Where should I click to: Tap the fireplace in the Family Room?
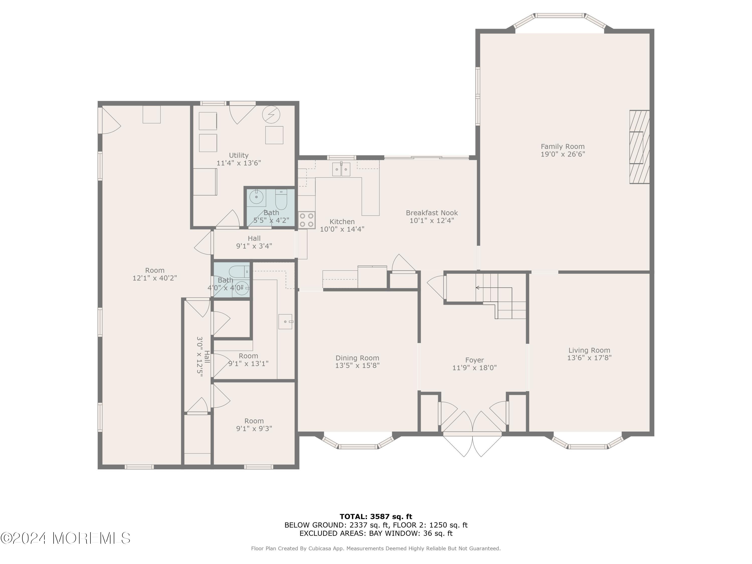click(x=639, y=147)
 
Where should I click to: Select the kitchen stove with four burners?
click(x=307, y=220)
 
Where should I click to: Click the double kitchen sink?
click(x=341, y=169)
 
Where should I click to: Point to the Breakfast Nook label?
click(x=432, y=213)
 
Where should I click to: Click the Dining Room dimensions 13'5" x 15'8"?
click(x=357, y=365)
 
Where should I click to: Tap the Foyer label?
click(x=475, y=360)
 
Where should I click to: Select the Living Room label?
click(x=589, y=350)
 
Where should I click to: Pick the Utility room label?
click(x=239, y=155)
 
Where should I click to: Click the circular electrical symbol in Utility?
click(x=271, y=115)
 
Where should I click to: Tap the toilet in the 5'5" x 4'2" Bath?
click(x=281, y=200)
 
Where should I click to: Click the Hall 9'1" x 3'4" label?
click(x=254, y=242)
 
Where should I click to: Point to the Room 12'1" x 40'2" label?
click(x=155, y=274)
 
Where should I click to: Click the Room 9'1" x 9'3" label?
click(x=254, y=425)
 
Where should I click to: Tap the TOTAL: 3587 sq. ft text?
click(x=376, y=517)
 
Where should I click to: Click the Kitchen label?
click(x=342, y=222)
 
